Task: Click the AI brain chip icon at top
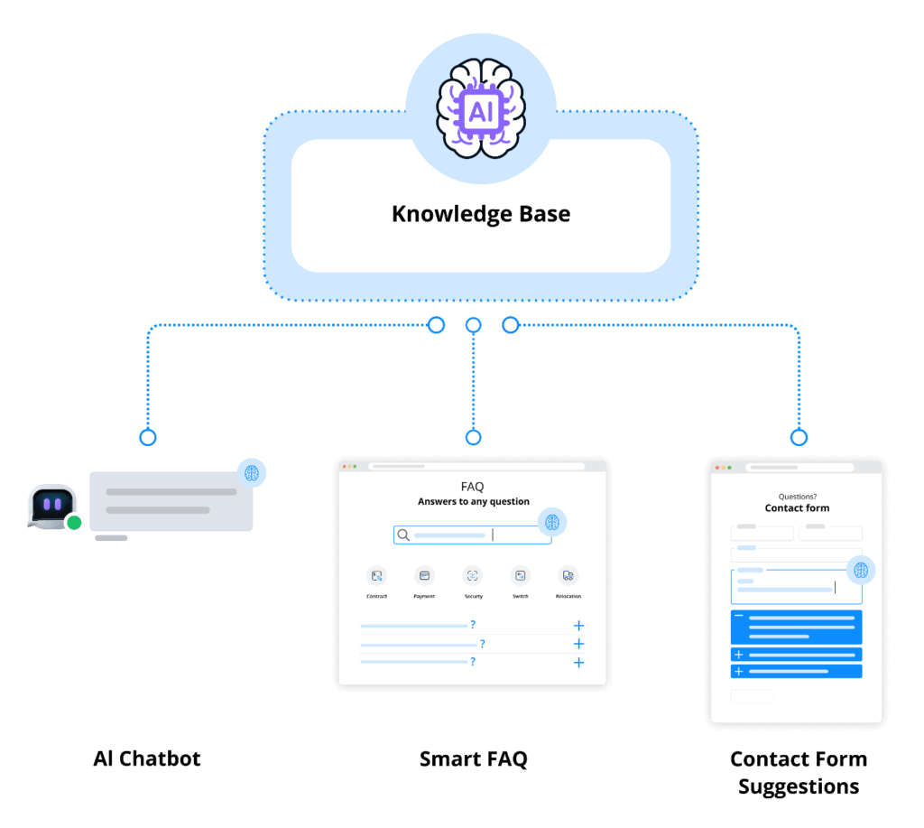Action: [480, 111]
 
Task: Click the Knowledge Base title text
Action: [480, 214]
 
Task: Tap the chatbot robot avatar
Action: [51, 506]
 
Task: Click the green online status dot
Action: [74, 522]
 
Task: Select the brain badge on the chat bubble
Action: [252, 472]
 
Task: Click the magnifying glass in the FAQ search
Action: [403, 535]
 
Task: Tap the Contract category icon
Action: [376, 575]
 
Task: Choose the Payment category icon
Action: [424, 575]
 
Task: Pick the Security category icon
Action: [473, 575]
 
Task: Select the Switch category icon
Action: [520, 575]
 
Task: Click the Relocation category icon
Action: [568, 575]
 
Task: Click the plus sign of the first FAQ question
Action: [578, 625]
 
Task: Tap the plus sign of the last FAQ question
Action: [578, 662]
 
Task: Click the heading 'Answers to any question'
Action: [473, 501]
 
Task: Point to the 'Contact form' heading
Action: [797, 507]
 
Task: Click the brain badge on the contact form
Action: [861, 570]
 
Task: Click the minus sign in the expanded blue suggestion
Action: [739, 617]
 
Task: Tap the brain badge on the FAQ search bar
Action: [551, 522]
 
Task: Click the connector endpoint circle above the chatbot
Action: [148, 437]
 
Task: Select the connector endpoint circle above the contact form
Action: [798, 437]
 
